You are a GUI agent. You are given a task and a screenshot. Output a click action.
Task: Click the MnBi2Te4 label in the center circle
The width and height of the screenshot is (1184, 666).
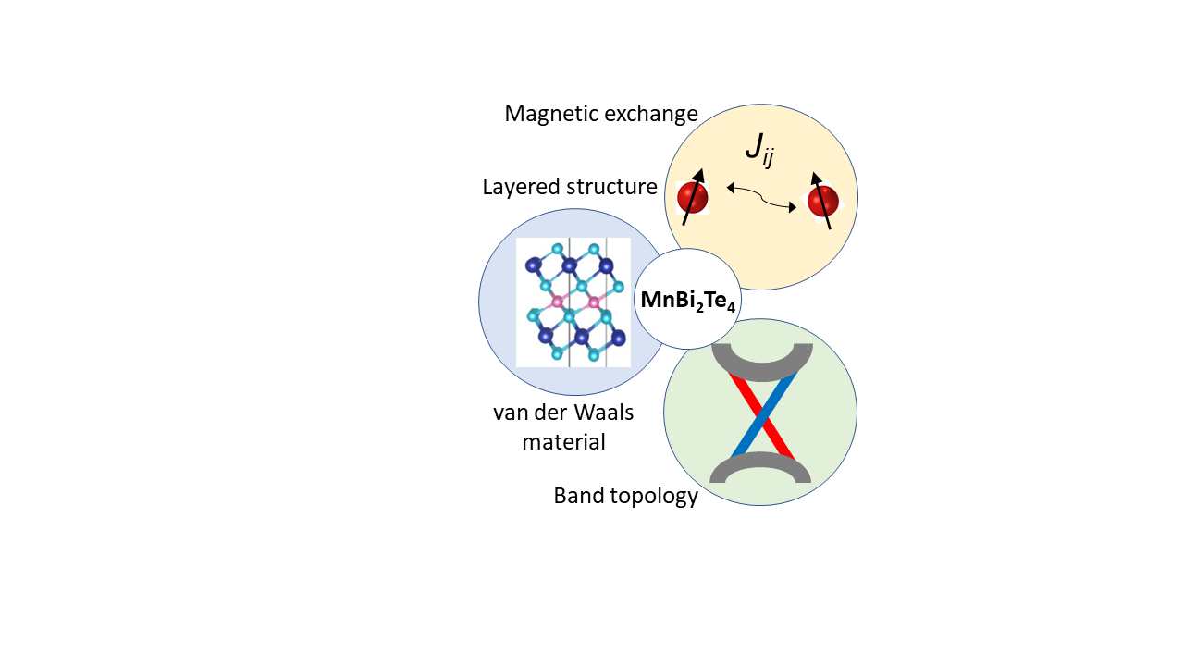click(688, 301)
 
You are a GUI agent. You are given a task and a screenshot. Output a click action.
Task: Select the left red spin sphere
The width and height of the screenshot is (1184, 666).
click(692, 198)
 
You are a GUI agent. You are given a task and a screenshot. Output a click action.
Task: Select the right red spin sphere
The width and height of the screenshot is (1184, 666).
click(822, 201)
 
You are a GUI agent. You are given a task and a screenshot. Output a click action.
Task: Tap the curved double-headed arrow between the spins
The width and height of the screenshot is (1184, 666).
click(761, 198)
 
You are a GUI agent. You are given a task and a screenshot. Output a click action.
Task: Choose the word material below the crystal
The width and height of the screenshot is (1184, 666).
click(564, 442)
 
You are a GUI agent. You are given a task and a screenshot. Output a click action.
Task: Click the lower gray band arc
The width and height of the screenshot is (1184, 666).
click(760, 469)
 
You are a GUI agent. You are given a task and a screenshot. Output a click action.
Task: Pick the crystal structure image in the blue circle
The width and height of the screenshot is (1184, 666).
click(573, 302)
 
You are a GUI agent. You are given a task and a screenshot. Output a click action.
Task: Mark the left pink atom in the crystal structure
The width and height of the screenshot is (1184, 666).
click(557, 302)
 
